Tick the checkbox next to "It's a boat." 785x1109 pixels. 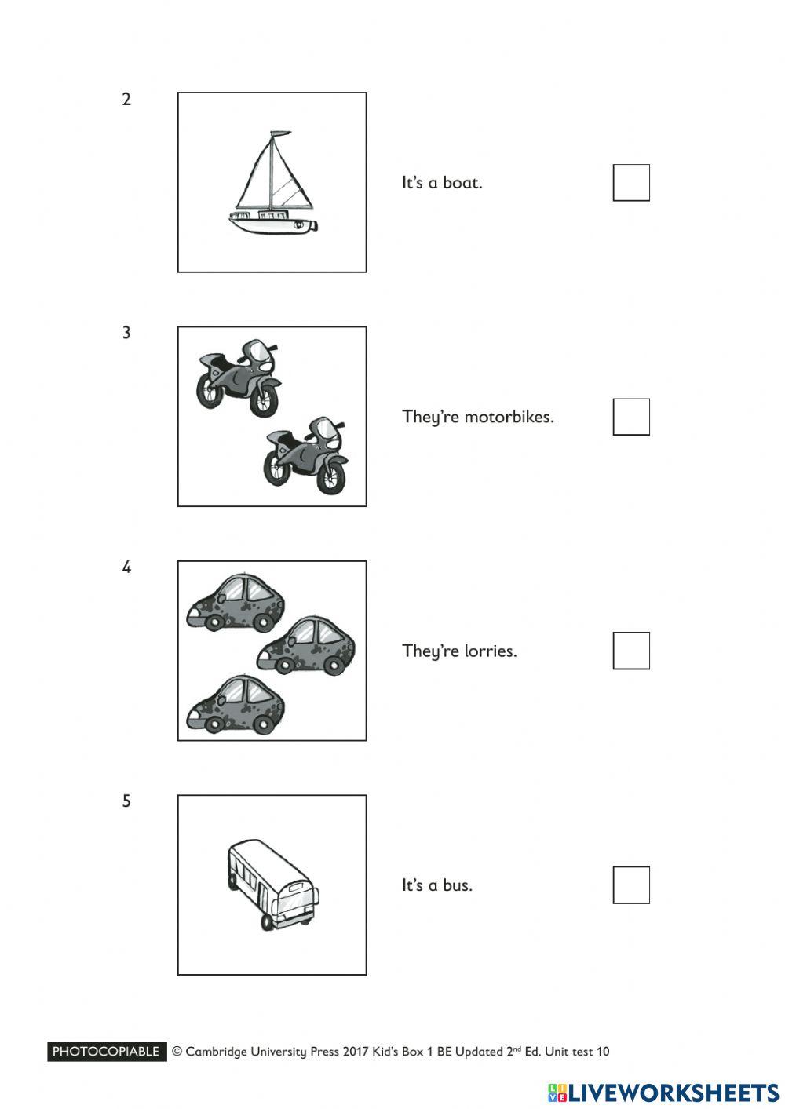coord(631,183)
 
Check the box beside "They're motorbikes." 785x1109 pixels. coord(631,417)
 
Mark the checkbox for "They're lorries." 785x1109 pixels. coord(631,651)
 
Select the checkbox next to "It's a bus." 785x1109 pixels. coord(631,885)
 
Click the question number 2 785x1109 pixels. coord(126,100)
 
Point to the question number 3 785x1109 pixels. coord(126,333)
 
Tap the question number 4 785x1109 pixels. coord(126,567)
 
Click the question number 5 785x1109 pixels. coord(126,801)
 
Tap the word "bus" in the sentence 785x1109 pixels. coord(457,885)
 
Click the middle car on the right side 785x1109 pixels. coord(307,646)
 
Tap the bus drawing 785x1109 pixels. coord(273,884)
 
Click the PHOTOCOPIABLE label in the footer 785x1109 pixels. coord(107,1052)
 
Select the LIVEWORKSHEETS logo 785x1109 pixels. coord(663,1093)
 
